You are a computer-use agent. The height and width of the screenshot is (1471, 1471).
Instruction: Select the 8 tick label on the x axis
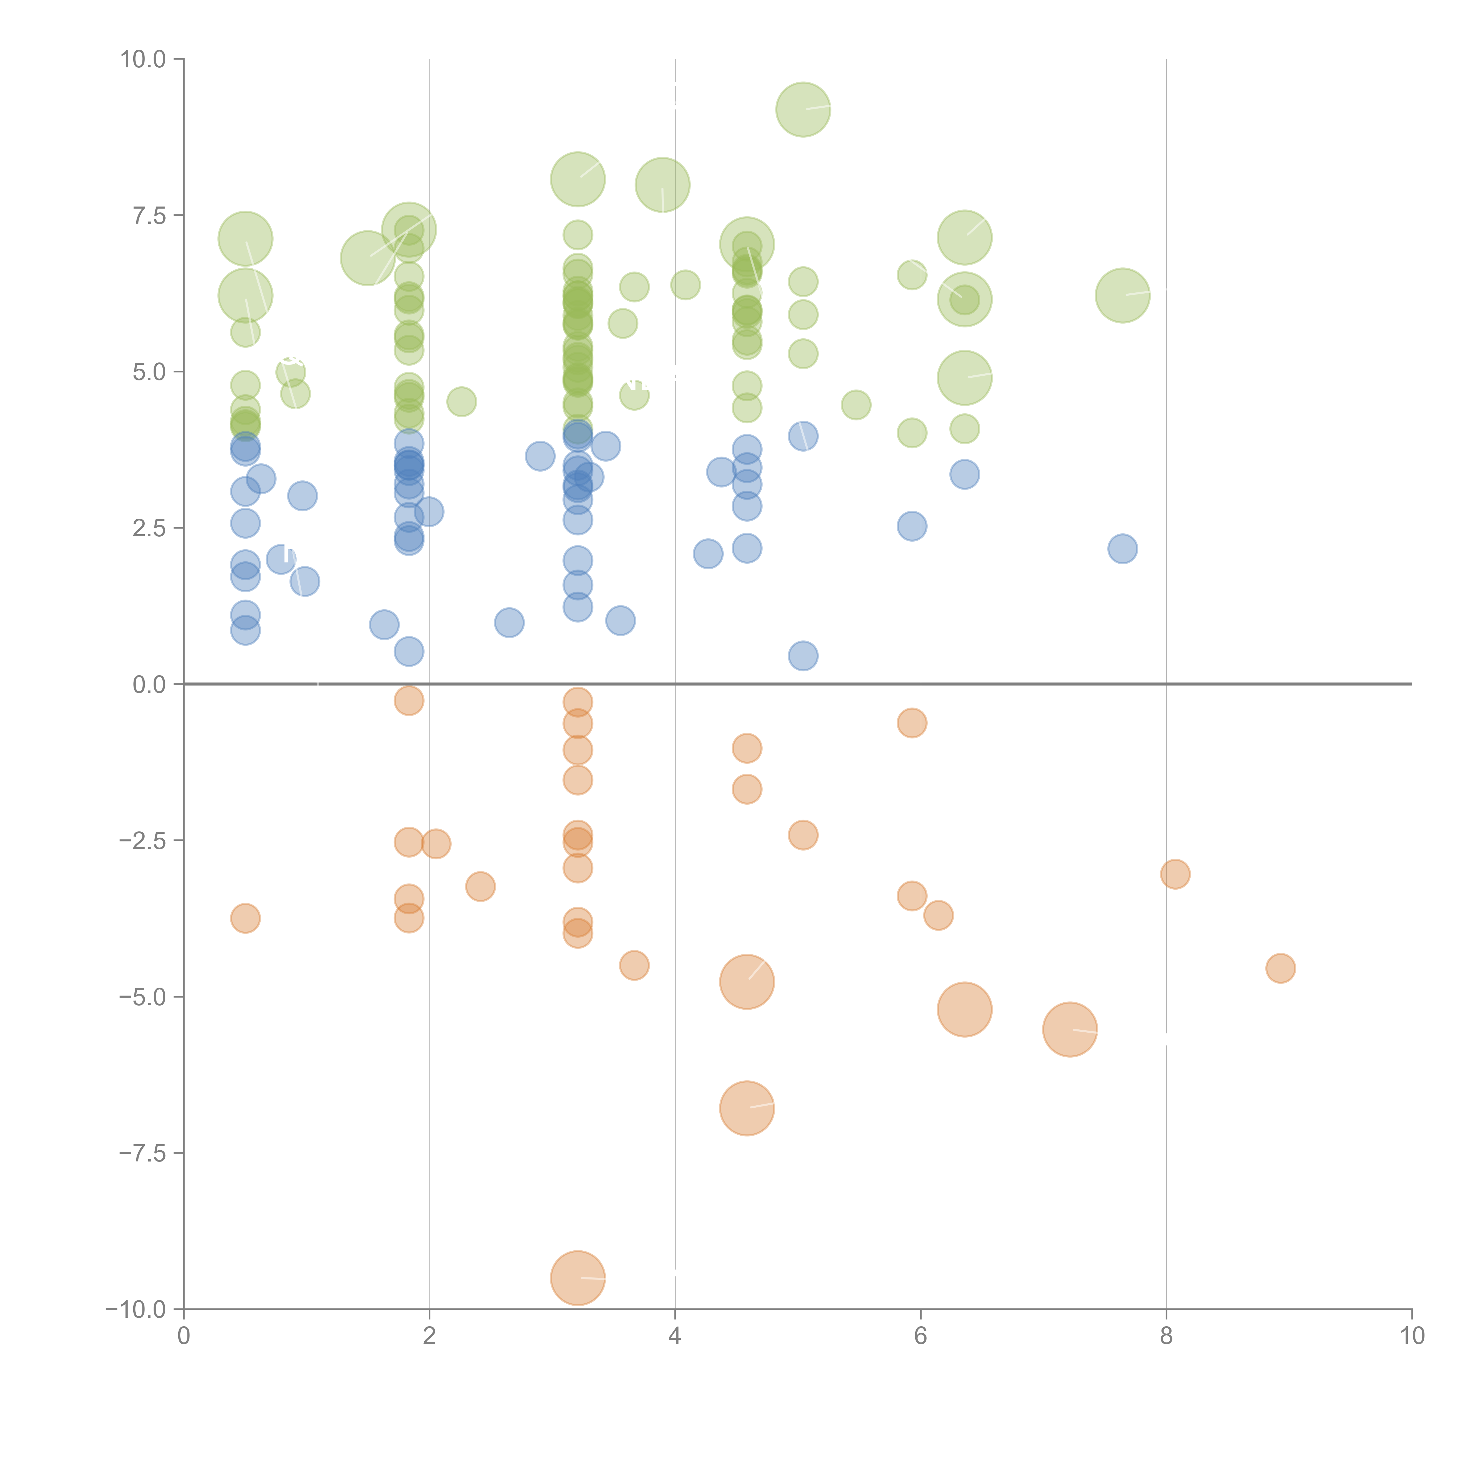click(x=1167, y=1336)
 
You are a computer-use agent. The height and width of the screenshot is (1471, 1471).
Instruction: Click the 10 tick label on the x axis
click(x=1412, y=1336)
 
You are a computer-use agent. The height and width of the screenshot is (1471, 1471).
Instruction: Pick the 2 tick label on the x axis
click(x=430, y=1336)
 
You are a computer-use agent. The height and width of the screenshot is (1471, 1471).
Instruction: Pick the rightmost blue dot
click(x=1122, y=548)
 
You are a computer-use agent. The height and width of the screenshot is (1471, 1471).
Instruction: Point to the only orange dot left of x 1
click(x=245, y=918)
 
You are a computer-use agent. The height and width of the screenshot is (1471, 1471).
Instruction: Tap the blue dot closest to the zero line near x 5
click(x=803, y=655)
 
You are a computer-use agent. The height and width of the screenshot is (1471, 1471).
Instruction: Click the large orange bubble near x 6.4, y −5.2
click(x=965, y=1010)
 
